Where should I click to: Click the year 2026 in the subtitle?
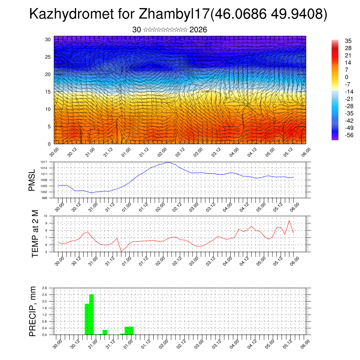pyautogui.click(x=198, y=30)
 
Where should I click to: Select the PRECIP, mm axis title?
pyautogui.click(x=32, y=311)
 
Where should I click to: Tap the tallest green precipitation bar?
pyautogui.click(x=92, y=315)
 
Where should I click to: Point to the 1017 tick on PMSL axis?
pyautogui.click(x=44, y=162)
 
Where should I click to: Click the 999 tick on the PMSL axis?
pyautogui.click(x=45, y=198)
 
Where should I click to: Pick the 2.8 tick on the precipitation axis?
pyautogui.click(x=44, y=288)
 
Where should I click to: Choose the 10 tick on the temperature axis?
pyautogui.click(x=45, y=216)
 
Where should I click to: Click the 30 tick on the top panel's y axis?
pyautogui.click(x=48, y=39)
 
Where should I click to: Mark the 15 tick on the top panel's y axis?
pyautogui.click(x=48, y=92)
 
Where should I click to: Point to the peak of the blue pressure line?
pyautogui.click(x=168, y=162)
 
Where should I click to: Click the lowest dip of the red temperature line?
pyautogui.click(x=121, y=251)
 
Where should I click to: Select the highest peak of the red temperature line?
pyautogui.click(x=289, y=220)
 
